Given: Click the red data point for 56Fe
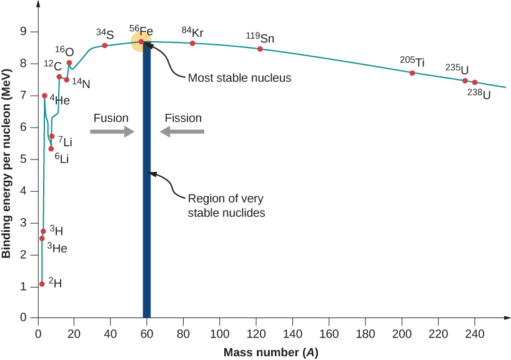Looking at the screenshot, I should (141, 42).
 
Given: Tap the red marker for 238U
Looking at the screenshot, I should (475, 82).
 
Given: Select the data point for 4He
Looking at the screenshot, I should (44, 96).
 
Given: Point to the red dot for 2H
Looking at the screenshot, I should (42, 284).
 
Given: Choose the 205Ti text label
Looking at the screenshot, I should (412, 61).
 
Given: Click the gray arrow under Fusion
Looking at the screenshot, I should (112, 131).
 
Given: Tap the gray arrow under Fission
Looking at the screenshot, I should (182, 131).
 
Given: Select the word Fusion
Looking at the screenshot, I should (111, 117).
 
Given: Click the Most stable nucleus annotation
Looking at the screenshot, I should (240, 79).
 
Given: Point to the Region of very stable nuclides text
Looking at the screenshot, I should (226, 206).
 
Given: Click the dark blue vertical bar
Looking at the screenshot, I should (147, 187).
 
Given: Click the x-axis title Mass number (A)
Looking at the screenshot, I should (271, 352).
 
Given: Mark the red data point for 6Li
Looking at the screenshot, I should (51, 149).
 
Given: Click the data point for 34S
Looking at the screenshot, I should (104, 46).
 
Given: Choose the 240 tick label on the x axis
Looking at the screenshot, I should (475, 333).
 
